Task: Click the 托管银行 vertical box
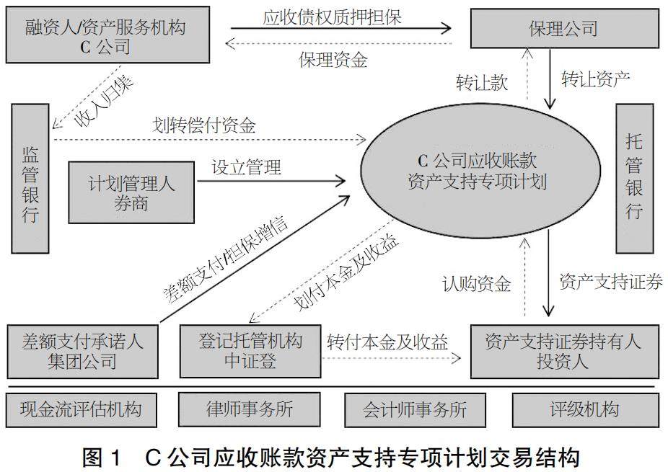(634, 177)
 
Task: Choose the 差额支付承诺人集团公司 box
(82, 351)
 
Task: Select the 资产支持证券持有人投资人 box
(563, 351)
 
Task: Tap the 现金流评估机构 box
(81, 410)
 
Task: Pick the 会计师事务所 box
(415, 410)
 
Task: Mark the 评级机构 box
(583, 410)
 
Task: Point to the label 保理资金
(333, 60)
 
